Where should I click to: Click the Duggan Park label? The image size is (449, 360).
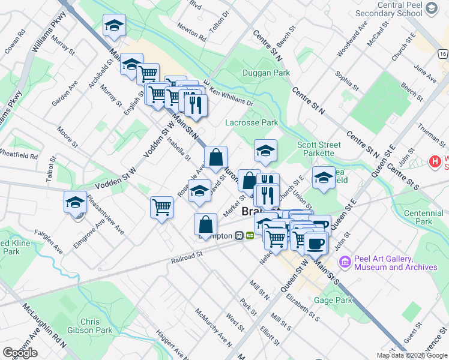(266, 73)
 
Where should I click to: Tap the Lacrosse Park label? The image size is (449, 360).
(252, 122)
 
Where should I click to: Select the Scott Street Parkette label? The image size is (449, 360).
(319, 149)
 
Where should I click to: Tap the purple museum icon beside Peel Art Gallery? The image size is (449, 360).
(345, 262)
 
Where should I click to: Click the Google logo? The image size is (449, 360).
(20, 353)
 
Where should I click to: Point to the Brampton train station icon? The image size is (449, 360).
(239, 236)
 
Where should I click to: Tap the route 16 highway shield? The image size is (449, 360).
(443, 54)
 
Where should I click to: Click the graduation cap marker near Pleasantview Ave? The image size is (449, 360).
(76, 202)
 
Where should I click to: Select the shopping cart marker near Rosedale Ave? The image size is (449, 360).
(161, 207)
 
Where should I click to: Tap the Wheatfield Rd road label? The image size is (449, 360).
(19, 155)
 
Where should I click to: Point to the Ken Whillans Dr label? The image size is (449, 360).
(232, 96)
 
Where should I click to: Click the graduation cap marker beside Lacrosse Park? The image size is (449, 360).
(265, 151)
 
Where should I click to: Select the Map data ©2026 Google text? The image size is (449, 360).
(412, 355)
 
